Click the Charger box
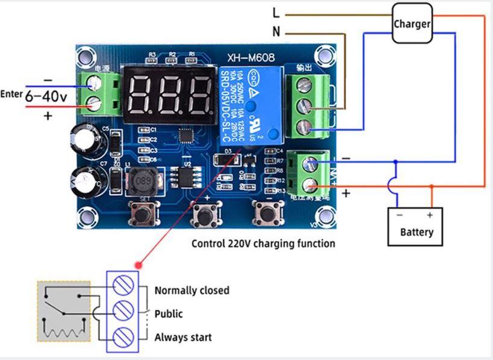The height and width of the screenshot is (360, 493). [x=412, y=24]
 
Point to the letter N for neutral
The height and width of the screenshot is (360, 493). [x=276, y=33]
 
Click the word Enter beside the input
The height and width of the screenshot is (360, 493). [x=11, y=94]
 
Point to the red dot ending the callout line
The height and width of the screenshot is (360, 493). [x=139, y=264]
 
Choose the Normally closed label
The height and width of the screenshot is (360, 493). [x=192, y=291]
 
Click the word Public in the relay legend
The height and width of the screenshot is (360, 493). [x=168, y=314]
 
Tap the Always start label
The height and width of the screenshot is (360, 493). [x=183, y=337]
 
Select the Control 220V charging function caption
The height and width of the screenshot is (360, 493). [x=263, y=244]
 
